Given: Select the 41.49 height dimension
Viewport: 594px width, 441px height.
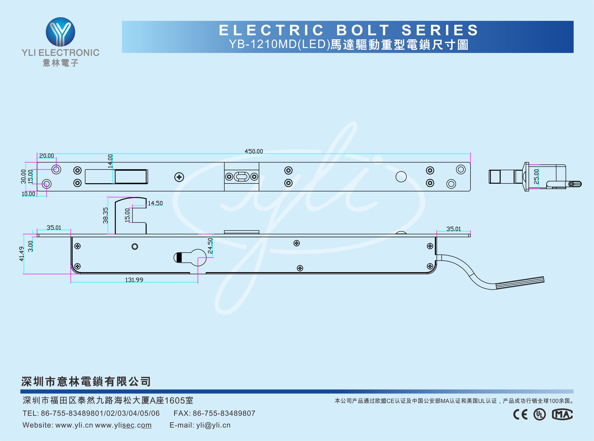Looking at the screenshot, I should click(x=22, y=254).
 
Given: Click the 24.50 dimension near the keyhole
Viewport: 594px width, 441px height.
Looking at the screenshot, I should click(x=210, y=245).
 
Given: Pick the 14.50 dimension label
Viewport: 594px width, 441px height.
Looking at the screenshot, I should click(x=155, y=203).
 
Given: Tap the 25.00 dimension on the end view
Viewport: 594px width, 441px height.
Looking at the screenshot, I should click(x=536, y=176).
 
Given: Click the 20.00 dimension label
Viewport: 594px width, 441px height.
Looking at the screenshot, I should click(x=46, y=156).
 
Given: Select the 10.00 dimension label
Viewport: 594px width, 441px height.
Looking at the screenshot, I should click(x=28, y=194).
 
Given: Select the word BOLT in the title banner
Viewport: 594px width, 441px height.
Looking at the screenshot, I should click(x=363, y=30).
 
